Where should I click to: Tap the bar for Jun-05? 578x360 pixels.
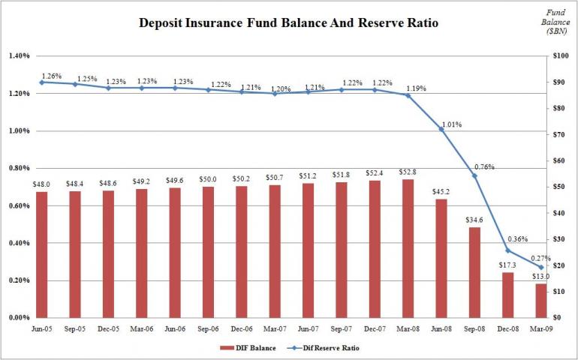coord(41,254)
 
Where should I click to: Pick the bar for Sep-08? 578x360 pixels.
coord(474,271)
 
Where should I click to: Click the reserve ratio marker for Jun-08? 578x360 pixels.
coord(441,129)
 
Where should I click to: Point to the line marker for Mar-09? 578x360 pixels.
coord(540,267)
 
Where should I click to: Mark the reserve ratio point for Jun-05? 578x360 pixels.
coord(41,82)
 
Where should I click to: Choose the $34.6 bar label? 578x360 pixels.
coord(474,219)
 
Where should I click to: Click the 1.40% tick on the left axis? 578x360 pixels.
coord(19,56)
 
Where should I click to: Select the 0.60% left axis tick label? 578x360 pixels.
coord(19,206)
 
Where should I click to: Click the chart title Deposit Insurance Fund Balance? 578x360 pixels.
coord(289,23)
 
